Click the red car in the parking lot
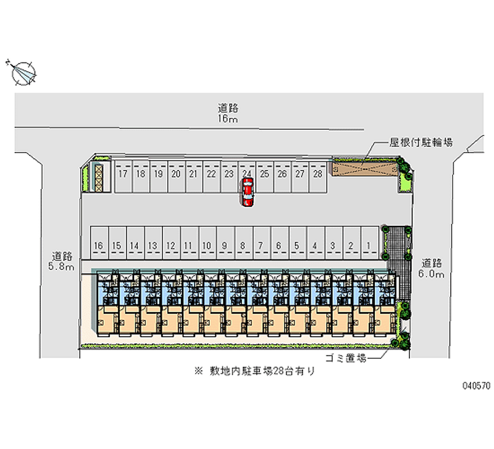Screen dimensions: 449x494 247,191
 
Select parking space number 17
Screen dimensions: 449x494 122,174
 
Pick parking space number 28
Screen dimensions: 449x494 317,174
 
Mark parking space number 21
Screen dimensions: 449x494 193,174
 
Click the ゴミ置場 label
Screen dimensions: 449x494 345,358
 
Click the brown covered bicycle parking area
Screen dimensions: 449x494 364,168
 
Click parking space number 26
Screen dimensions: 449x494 282,174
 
